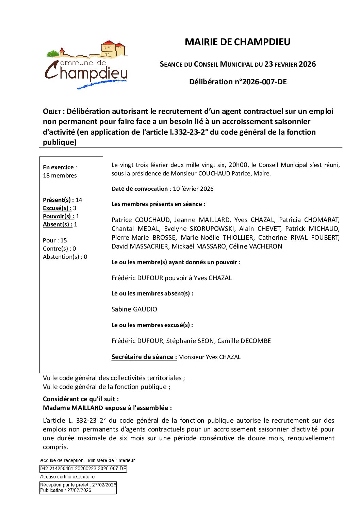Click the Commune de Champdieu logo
point(86,65)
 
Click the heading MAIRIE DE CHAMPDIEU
point(238,42)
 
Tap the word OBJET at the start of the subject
point(52,112)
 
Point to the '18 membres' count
point(60,175)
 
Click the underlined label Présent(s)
point(58,200)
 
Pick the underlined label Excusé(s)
point(57,208)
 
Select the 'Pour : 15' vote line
point(55,240)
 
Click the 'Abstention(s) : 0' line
point(65,257)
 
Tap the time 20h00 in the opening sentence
point(238,165)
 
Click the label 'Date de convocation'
point(140,189)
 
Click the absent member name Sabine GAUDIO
point(134,309)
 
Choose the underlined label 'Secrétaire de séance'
point(144,357)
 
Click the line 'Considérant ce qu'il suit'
point(81,399)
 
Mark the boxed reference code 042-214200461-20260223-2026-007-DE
point(83,469)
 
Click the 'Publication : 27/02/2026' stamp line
point(66,490)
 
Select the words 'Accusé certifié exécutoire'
point(67,477)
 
